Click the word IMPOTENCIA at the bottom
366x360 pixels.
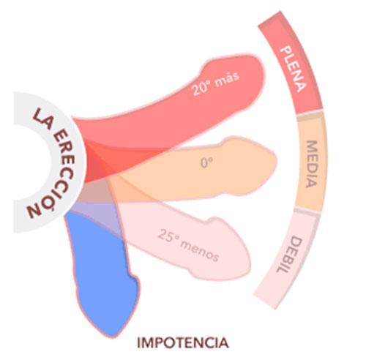(x=183, y=342)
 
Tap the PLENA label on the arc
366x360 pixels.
(x=293, y=69)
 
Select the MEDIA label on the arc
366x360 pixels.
(x=312, y=164)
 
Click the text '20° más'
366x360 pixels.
(x=216, y=83)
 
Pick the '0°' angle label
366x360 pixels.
(x=206, y=162)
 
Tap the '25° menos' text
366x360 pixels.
(x=188, y=244)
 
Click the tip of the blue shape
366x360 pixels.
(x=113, y=336)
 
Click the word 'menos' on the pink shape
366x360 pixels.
(x=199, y=251)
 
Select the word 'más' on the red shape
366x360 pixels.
(x=228, y=78)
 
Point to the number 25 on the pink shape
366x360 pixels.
(x=165, y=235)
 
